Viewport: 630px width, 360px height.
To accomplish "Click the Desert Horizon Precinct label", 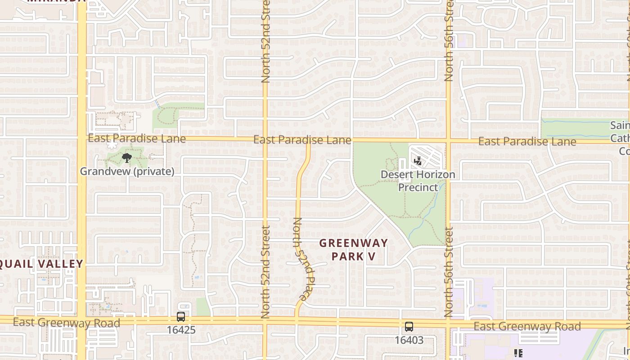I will click(418, 181).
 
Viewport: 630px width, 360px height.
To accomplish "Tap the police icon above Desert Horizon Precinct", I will click(418, 161).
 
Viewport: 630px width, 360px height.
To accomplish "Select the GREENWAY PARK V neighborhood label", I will click(353, 250).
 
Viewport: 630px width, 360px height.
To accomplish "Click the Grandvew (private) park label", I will click(127, 171).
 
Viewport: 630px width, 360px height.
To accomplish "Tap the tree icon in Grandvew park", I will click(127, 157).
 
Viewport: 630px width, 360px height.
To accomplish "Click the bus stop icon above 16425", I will click(181, 316).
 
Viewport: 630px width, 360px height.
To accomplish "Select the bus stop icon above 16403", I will click(409, 327).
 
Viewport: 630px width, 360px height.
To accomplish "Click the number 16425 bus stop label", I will click(181, 330).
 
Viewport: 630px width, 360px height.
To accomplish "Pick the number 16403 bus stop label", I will click(409, 340).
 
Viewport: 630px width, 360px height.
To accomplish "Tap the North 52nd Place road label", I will click(304, 260).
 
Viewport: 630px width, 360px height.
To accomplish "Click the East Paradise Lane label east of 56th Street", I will click(527, 142).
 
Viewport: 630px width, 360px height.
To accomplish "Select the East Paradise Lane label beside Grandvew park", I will click(136, 139).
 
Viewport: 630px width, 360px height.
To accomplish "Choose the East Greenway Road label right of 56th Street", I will click(527, 326).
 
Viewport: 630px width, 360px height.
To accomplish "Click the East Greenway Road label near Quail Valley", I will click(66, 323).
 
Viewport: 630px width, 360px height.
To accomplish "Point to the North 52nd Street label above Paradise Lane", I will click(265, 42).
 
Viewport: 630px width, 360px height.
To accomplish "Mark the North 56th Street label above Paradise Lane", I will click(449, 42).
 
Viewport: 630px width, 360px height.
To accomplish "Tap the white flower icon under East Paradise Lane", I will click(111, 145).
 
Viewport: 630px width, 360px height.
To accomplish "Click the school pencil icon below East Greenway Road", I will click(518, 353).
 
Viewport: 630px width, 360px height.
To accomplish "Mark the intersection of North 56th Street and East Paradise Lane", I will click(449, 141).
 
